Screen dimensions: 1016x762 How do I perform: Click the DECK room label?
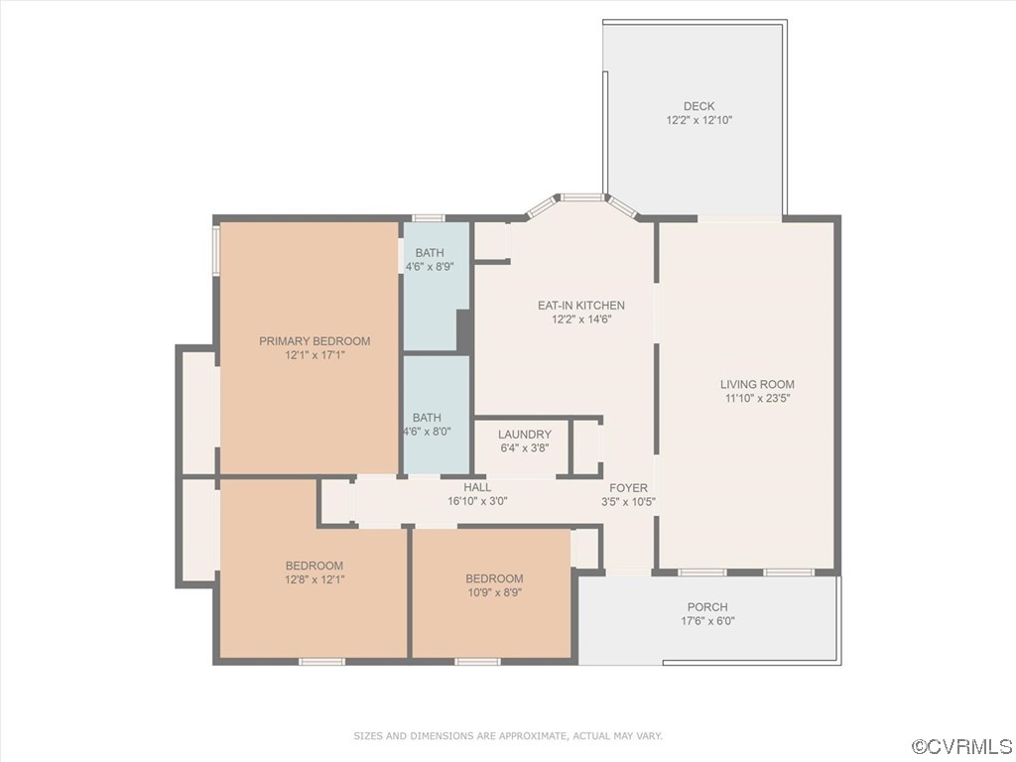[x=699, y=106]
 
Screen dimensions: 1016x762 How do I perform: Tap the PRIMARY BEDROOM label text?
[x=315, y=341]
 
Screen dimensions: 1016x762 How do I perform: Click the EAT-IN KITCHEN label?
[x=581, y=306]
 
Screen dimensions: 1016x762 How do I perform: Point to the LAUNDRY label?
[x=525, y=435]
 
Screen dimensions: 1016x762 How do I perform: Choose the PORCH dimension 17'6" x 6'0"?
[x=707, y=621]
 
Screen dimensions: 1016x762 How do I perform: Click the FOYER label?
[x=628, y=488]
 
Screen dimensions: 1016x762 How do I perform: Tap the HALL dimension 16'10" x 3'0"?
[x=477, y=501]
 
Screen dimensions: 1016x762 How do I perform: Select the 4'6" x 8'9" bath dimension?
[x=430, y=266]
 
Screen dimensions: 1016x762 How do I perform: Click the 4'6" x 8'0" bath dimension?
[x=428, y=432]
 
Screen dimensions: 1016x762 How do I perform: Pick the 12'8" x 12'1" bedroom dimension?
[x=315, y=579]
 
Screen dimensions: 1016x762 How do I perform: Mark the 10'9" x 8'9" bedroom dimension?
[x=494, y=592]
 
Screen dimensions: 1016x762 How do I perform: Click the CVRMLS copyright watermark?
[x=961, y=746]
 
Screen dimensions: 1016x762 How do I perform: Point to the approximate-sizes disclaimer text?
[x=508, y=736]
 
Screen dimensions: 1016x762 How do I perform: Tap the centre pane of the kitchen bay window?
[x=581, y=196]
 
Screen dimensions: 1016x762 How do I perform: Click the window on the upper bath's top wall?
[x=429, y=218]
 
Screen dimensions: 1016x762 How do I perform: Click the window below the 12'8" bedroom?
[x=321, y=661]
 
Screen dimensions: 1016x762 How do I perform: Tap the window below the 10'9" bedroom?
[x=477, y=661]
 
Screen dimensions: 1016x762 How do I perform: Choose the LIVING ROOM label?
[x=757, y=384]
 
